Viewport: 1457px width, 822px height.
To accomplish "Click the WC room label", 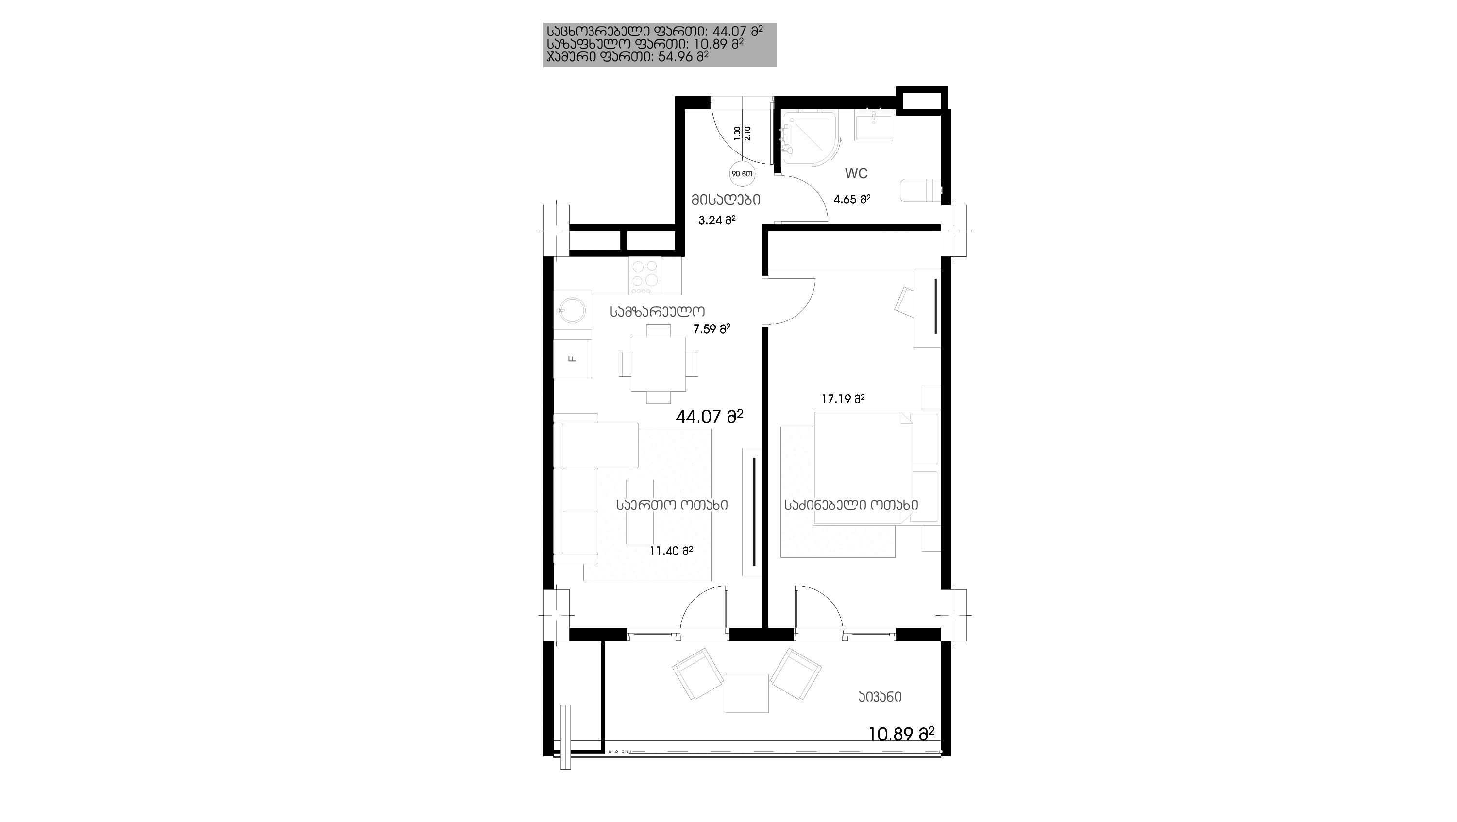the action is click(x=856, y=173).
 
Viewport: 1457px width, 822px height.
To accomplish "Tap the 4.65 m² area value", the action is click(x=852, y=199).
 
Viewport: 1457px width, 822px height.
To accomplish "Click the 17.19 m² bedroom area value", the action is click(x=843, y=399).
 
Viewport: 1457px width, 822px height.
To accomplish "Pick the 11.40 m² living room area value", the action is click(x=671, y=551).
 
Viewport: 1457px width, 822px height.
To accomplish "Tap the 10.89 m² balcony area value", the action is click(x=901, y=734).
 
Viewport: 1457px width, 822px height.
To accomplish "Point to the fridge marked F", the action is click(x=573, y=358).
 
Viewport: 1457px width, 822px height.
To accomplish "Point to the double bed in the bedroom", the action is click(x=862, y=468).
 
